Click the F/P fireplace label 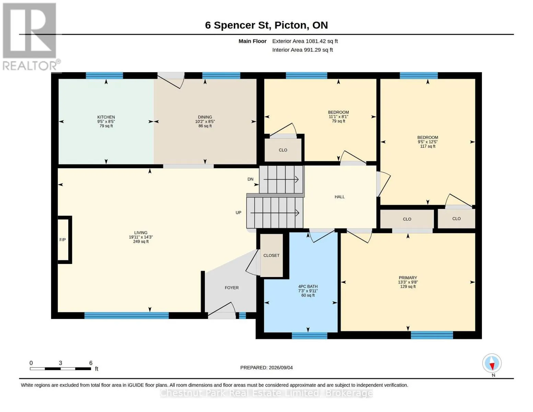pyautogui.click(x=62, y=240)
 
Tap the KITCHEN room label pyautogui.click(x=106, y=117)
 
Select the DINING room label pyautogui.click(x=205, y=117)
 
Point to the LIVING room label pyautogui.click(x=141, y=233)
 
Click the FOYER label pyautogui.click(x=232, y=288)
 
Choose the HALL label pyautogui.click(x=339, y=197)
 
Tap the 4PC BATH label pyautogui.click(x=308, y=286)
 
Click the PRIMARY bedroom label pyautogui.click(x=408, y=278)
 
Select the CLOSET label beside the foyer pyautogui.click(x=271, y=255)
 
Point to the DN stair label pyautogui.click(x=250, y=179)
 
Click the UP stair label pyautogui.click(x=238, y=213)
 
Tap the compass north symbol pyautogui.click(x=492, y=363)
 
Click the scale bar pyautogui.click(x=60, y=369)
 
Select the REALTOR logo pyautogui.click(x=31, y=37)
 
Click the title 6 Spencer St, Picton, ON pyautogui.click(x=266, y=25)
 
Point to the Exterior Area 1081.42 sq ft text pyautogui.click(x=305, y=41)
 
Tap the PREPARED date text pyautogui.click(x=266, y=368)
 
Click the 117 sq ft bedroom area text pyautogui.click(x=428, y=146)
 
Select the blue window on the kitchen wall pyautogui.click(x=104, y=76)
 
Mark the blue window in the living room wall pyautogui.click(x=127, y=316)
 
